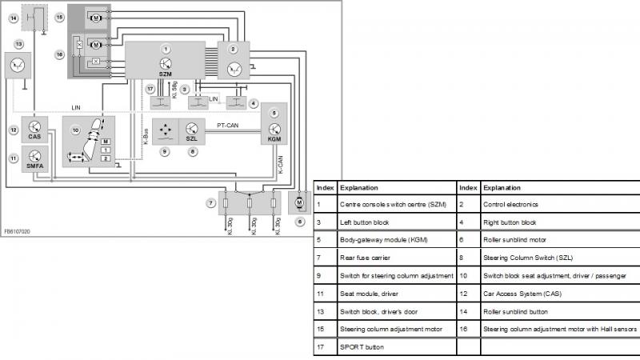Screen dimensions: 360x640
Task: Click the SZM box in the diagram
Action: click(166, 60)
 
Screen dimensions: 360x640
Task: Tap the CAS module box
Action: click(34, 129)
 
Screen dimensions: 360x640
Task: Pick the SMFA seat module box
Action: click(34, 158)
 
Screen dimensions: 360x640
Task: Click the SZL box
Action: click(191, 130)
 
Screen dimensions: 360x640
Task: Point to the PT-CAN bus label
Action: click(230, 126)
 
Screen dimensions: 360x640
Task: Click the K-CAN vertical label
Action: click(280, 166)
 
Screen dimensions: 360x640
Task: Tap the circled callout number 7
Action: click(210, 203)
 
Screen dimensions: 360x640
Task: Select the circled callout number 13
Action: click(18, 44)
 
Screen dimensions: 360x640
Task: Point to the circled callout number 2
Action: click(234, 50)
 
